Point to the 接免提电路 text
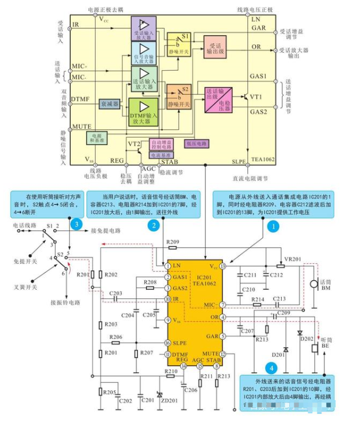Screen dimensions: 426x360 pos(106,231)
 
